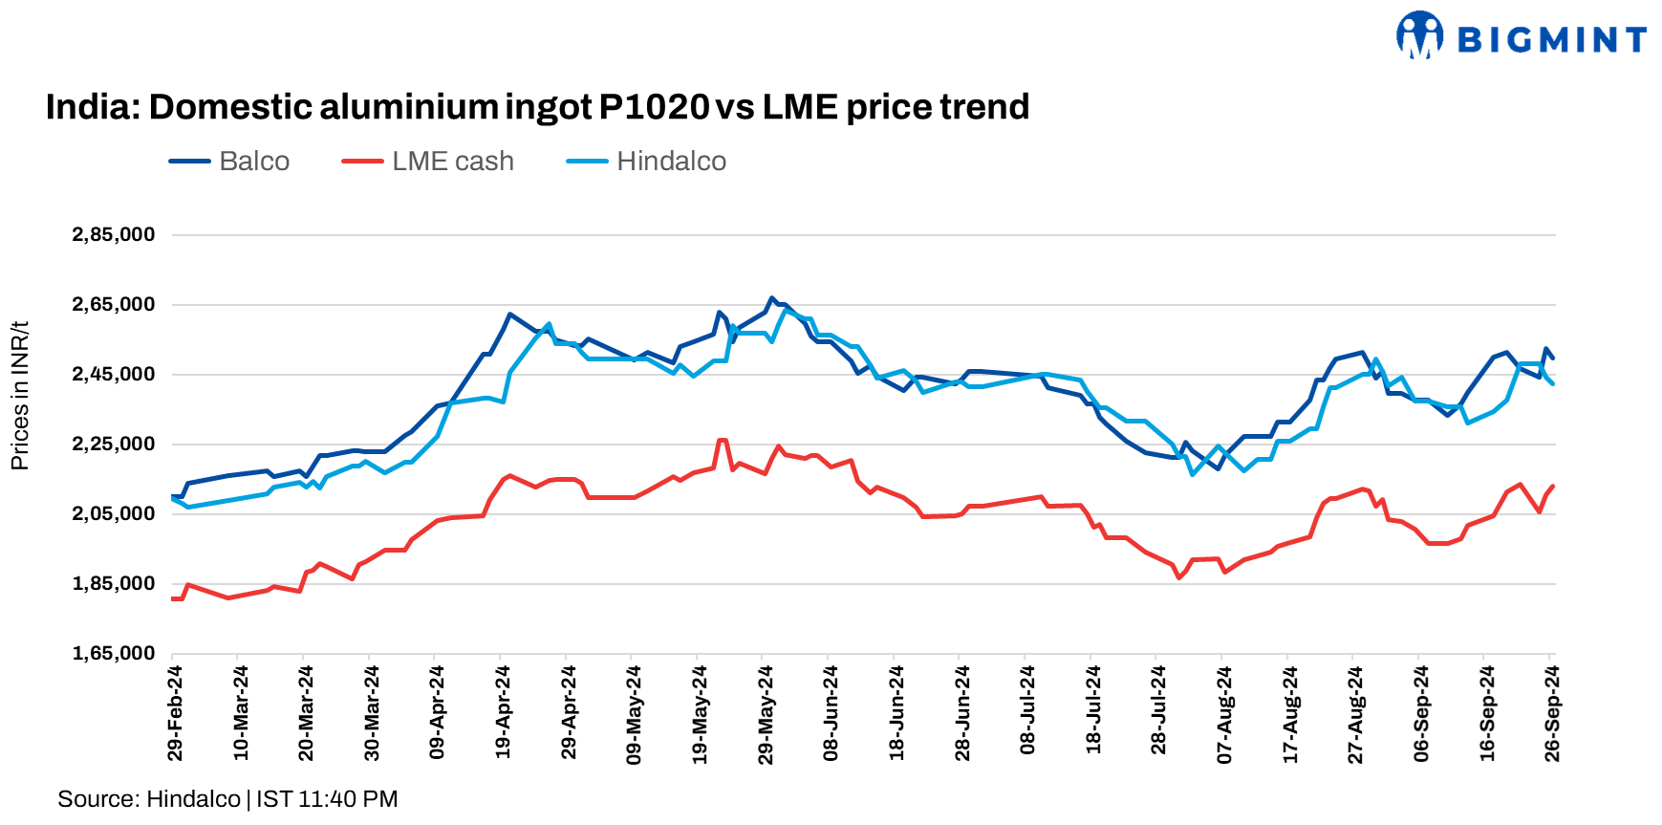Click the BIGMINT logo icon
point(1419,35)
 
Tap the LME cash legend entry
point(429,161)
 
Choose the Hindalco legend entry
point(647,161)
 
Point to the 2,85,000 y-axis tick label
point(113,234)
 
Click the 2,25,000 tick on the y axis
point(113,444)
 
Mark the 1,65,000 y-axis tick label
point(113,653)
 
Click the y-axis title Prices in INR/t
point(19,396)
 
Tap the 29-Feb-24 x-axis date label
point(175,713)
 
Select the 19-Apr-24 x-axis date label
point(503,713)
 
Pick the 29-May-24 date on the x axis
point(766,713)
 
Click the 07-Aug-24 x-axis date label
point(1224,713)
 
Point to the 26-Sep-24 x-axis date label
point(1552,713)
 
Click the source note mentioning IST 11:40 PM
point(227,799)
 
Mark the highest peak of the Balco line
point(772,298)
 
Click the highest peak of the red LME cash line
point(722,440)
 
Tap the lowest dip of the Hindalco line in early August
point(1192,474)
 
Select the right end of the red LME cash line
point(1553,486)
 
